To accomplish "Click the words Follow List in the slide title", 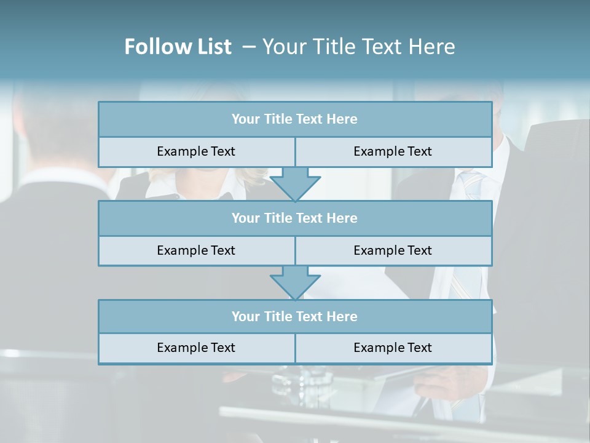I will (x=178, y=47).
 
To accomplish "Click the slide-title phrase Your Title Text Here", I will (x=359, y=47).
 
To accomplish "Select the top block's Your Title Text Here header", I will (x=294, y=119).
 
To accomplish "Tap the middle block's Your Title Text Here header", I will (x=294, y=218).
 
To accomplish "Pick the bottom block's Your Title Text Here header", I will (x=294, y=316).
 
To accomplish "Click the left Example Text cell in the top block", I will (x=196, y=151).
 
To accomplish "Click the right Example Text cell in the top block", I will (x=393, y=151).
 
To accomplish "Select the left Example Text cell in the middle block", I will (x=196, y=250).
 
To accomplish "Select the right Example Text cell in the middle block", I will (x=393, y=250).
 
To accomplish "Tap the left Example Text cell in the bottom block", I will (x=196, y=348).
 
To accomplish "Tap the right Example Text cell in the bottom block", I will (x=393, y=348).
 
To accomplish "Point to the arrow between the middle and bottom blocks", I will (x=295, y=282).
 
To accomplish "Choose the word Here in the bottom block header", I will (x=342, y=316).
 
